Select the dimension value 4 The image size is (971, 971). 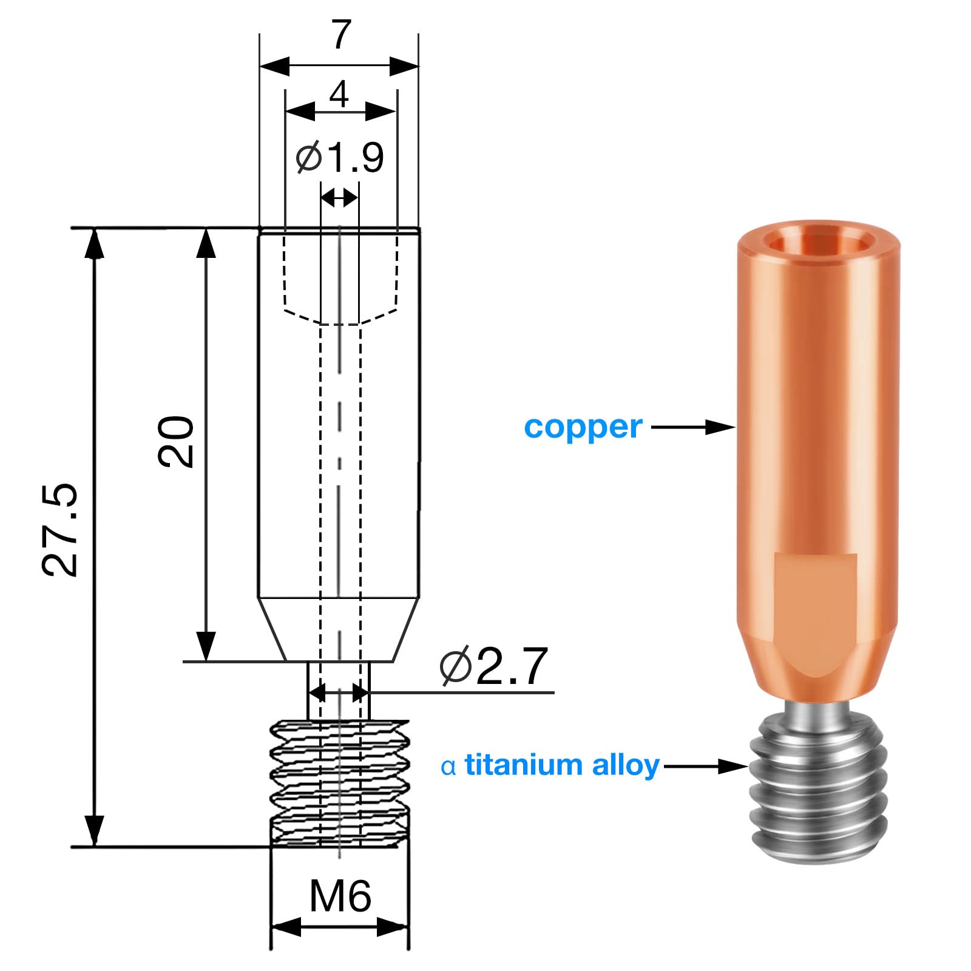pyautogui.click(x=339, y=94)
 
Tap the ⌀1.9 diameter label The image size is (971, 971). pyautogui.click(x=340, y=158)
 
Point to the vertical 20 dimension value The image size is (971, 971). pyautogui.click(x=176, y=441)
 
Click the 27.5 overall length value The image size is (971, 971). pyautogui.click(x=60, y=529)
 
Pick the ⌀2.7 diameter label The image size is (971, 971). pyautogui.click(x=494, y=666)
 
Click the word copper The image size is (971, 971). pyautogui.click(x=583, y=428)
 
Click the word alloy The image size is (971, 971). pyautogui.click(x=626, y=765)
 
